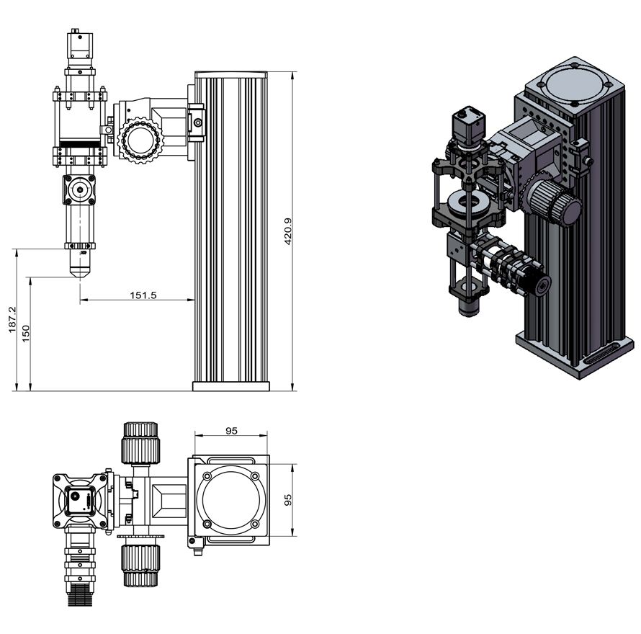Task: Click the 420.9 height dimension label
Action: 288,232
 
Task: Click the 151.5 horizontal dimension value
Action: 143,294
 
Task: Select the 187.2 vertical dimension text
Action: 12,321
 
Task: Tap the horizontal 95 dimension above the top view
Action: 231,431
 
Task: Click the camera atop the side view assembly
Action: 79,45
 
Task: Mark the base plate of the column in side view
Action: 230,386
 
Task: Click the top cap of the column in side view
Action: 231,73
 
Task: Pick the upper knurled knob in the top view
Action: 140,442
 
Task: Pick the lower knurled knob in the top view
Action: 140,564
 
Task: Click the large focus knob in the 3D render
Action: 555,202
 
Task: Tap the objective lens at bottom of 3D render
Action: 469,306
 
